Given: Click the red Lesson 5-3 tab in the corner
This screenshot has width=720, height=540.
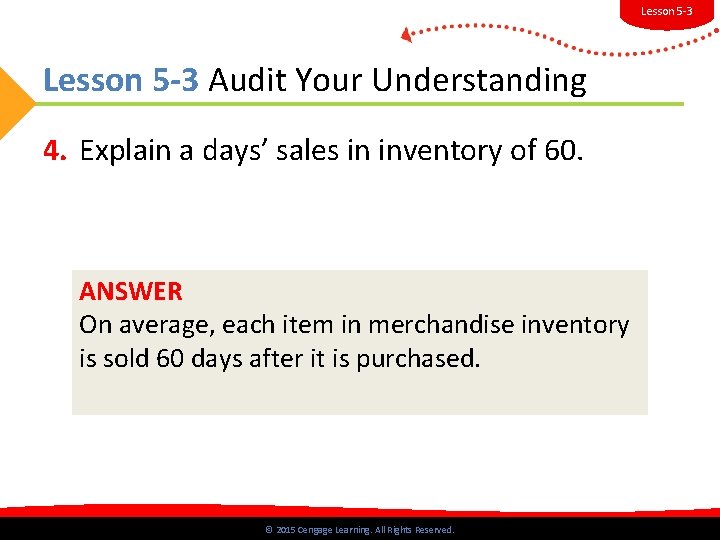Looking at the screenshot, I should (666, 11).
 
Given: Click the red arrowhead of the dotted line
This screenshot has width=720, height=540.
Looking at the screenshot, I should (406, 35).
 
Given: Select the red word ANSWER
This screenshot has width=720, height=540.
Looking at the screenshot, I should (131, 292).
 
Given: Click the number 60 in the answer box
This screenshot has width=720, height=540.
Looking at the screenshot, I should (171, 358).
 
